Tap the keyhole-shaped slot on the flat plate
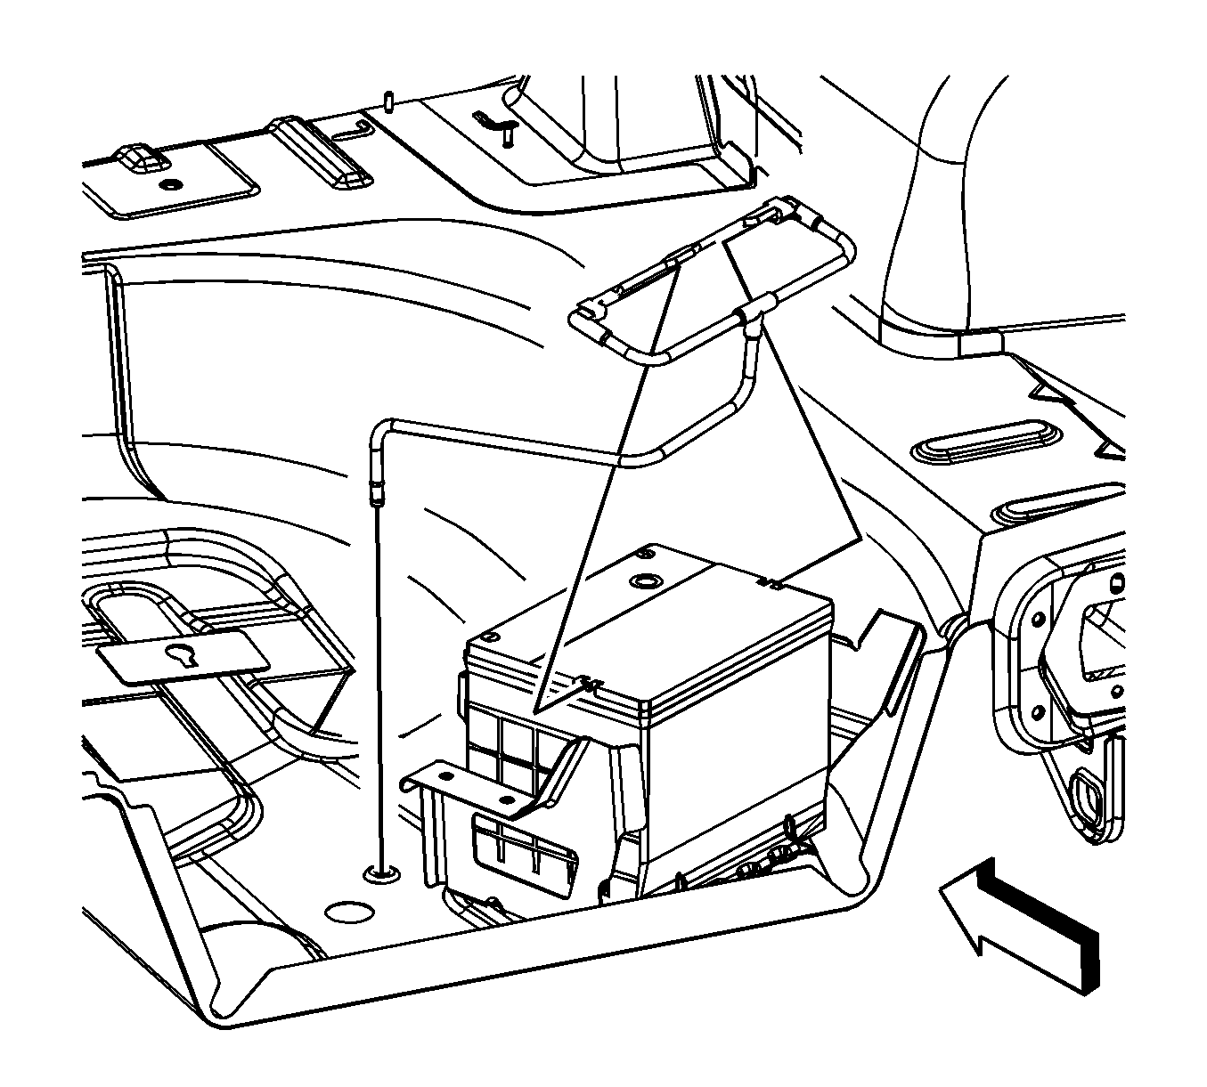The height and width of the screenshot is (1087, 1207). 183,655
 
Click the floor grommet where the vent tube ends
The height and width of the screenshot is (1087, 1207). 381,873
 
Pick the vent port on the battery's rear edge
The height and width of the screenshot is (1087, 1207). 770,584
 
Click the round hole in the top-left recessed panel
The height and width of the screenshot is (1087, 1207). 169,185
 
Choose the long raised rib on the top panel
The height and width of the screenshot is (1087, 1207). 322,151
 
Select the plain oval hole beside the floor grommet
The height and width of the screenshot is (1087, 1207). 347,912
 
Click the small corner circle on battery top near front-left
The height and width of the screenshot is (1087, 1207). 488,637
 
